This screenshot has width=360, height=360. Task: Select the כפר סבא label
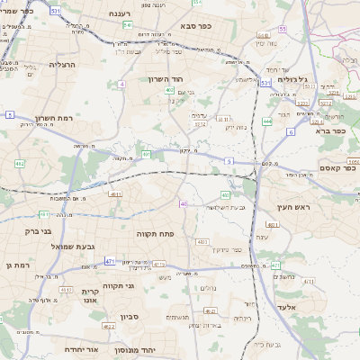click(x=194, y=26)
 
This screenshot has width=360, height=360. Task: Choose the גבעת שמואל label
click(x=66, y=246)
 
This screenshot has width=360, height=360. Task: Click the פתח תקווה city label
click(x=155, y=233)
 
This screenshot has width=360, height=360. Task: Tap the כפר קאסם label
click(x=338, y=168)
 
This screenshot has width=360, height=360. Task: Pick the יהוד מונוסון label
click(x=161, y=348)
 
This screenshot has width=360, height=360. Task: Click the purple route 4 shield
click(x=121, y=84)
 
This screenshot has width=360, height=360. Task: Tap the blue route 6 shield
click(x=291, y=131)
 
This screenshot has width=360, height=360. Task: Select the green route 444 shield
click(x=267, y=120)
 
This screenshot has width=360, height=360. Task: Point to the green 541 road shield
click(x=127, y=25)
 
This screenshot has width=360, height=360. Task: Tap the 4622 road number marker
click(x=108, y=327)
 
